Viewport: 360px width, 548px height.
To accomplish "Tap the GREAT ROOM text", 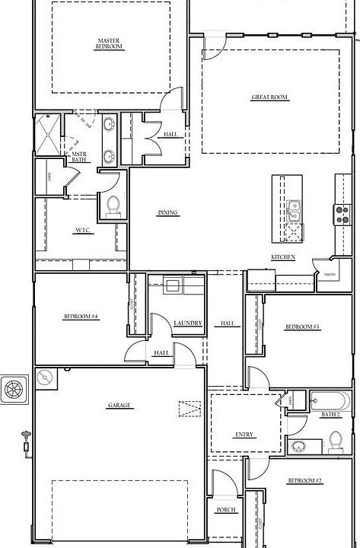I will (269, 97).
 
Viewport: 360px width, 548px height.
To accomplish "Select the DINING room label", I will (167, 212).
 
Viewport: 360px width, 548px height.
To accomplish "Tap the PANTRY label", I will (330, 275).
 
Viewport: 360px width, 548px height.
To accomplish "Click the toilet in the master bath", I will (113, 205).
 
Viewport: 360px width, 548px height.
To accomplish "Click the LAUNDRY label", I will (187, 323).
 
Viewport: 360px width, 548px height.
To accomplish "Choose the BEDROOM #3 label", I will (302, 327).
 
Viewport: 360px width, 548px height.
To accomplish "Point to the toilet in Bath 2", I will (335, 441).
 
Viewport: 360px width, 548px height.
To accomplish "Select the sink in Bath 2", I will (298, 446).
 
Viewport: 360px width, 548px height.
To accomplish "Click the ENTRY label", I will (244, 435).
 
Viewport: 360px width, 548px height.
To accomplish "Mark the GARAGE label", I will (119, 406).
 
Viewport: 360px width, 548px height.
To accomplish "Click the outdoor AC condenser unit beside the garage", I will (14, 390).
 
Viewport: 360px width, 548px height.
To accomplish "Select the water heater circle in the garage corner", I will (45, 378).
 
